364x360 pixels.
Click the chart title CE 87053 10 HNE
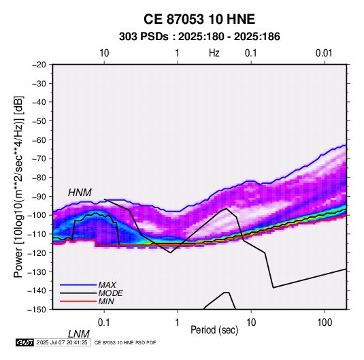coord(199,19)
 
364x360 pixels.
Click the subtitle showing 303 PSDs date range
coord(199,37)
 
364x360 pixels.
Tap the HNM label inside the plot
coord(80,193)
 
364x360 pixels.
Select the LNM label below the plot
coord(79,334)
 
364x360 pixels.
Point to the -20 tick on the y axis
coord(39,65)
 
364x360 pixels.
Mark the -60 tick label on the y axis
coord(39,140)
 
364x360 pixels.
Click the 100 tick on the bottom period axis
coord(324,323)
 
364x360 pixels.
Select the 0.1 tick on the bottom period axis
coord(104,323)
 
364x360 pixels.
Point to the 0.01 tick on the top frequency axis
coord(324,53)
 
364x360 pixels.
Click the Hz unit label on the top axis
coord(214,53)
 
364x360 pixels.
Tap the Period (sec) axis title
coord(214,330)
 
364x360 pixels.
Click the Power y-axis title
coord(18,186)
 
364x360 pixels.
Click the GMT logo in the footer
coord(24,342)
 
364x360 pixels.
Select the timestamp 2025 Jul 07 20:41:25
coord(62,342)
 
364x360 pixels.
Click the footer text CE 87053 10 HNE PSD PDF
coord(125,342)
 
